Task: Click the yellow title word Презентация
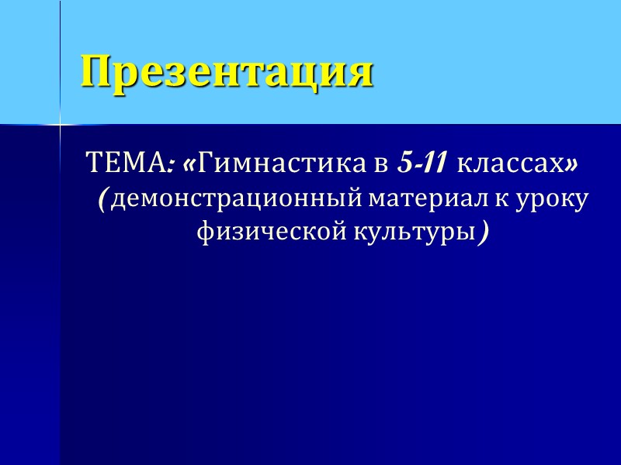pyautogui.click(x=227, y=72)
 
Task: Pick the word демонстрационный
pyautogui.click(x=238, y=199)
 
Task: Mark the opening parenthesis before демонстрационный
pyautogui.click(x=102, y=199)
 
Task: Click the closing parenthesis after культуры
pyautogui.click(x=484, y=232)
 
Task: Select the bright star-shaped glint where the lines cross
pyautogui.click(x=61, y=124)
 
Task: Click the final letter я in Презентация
pyautogui.click(x=360, y=73)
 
